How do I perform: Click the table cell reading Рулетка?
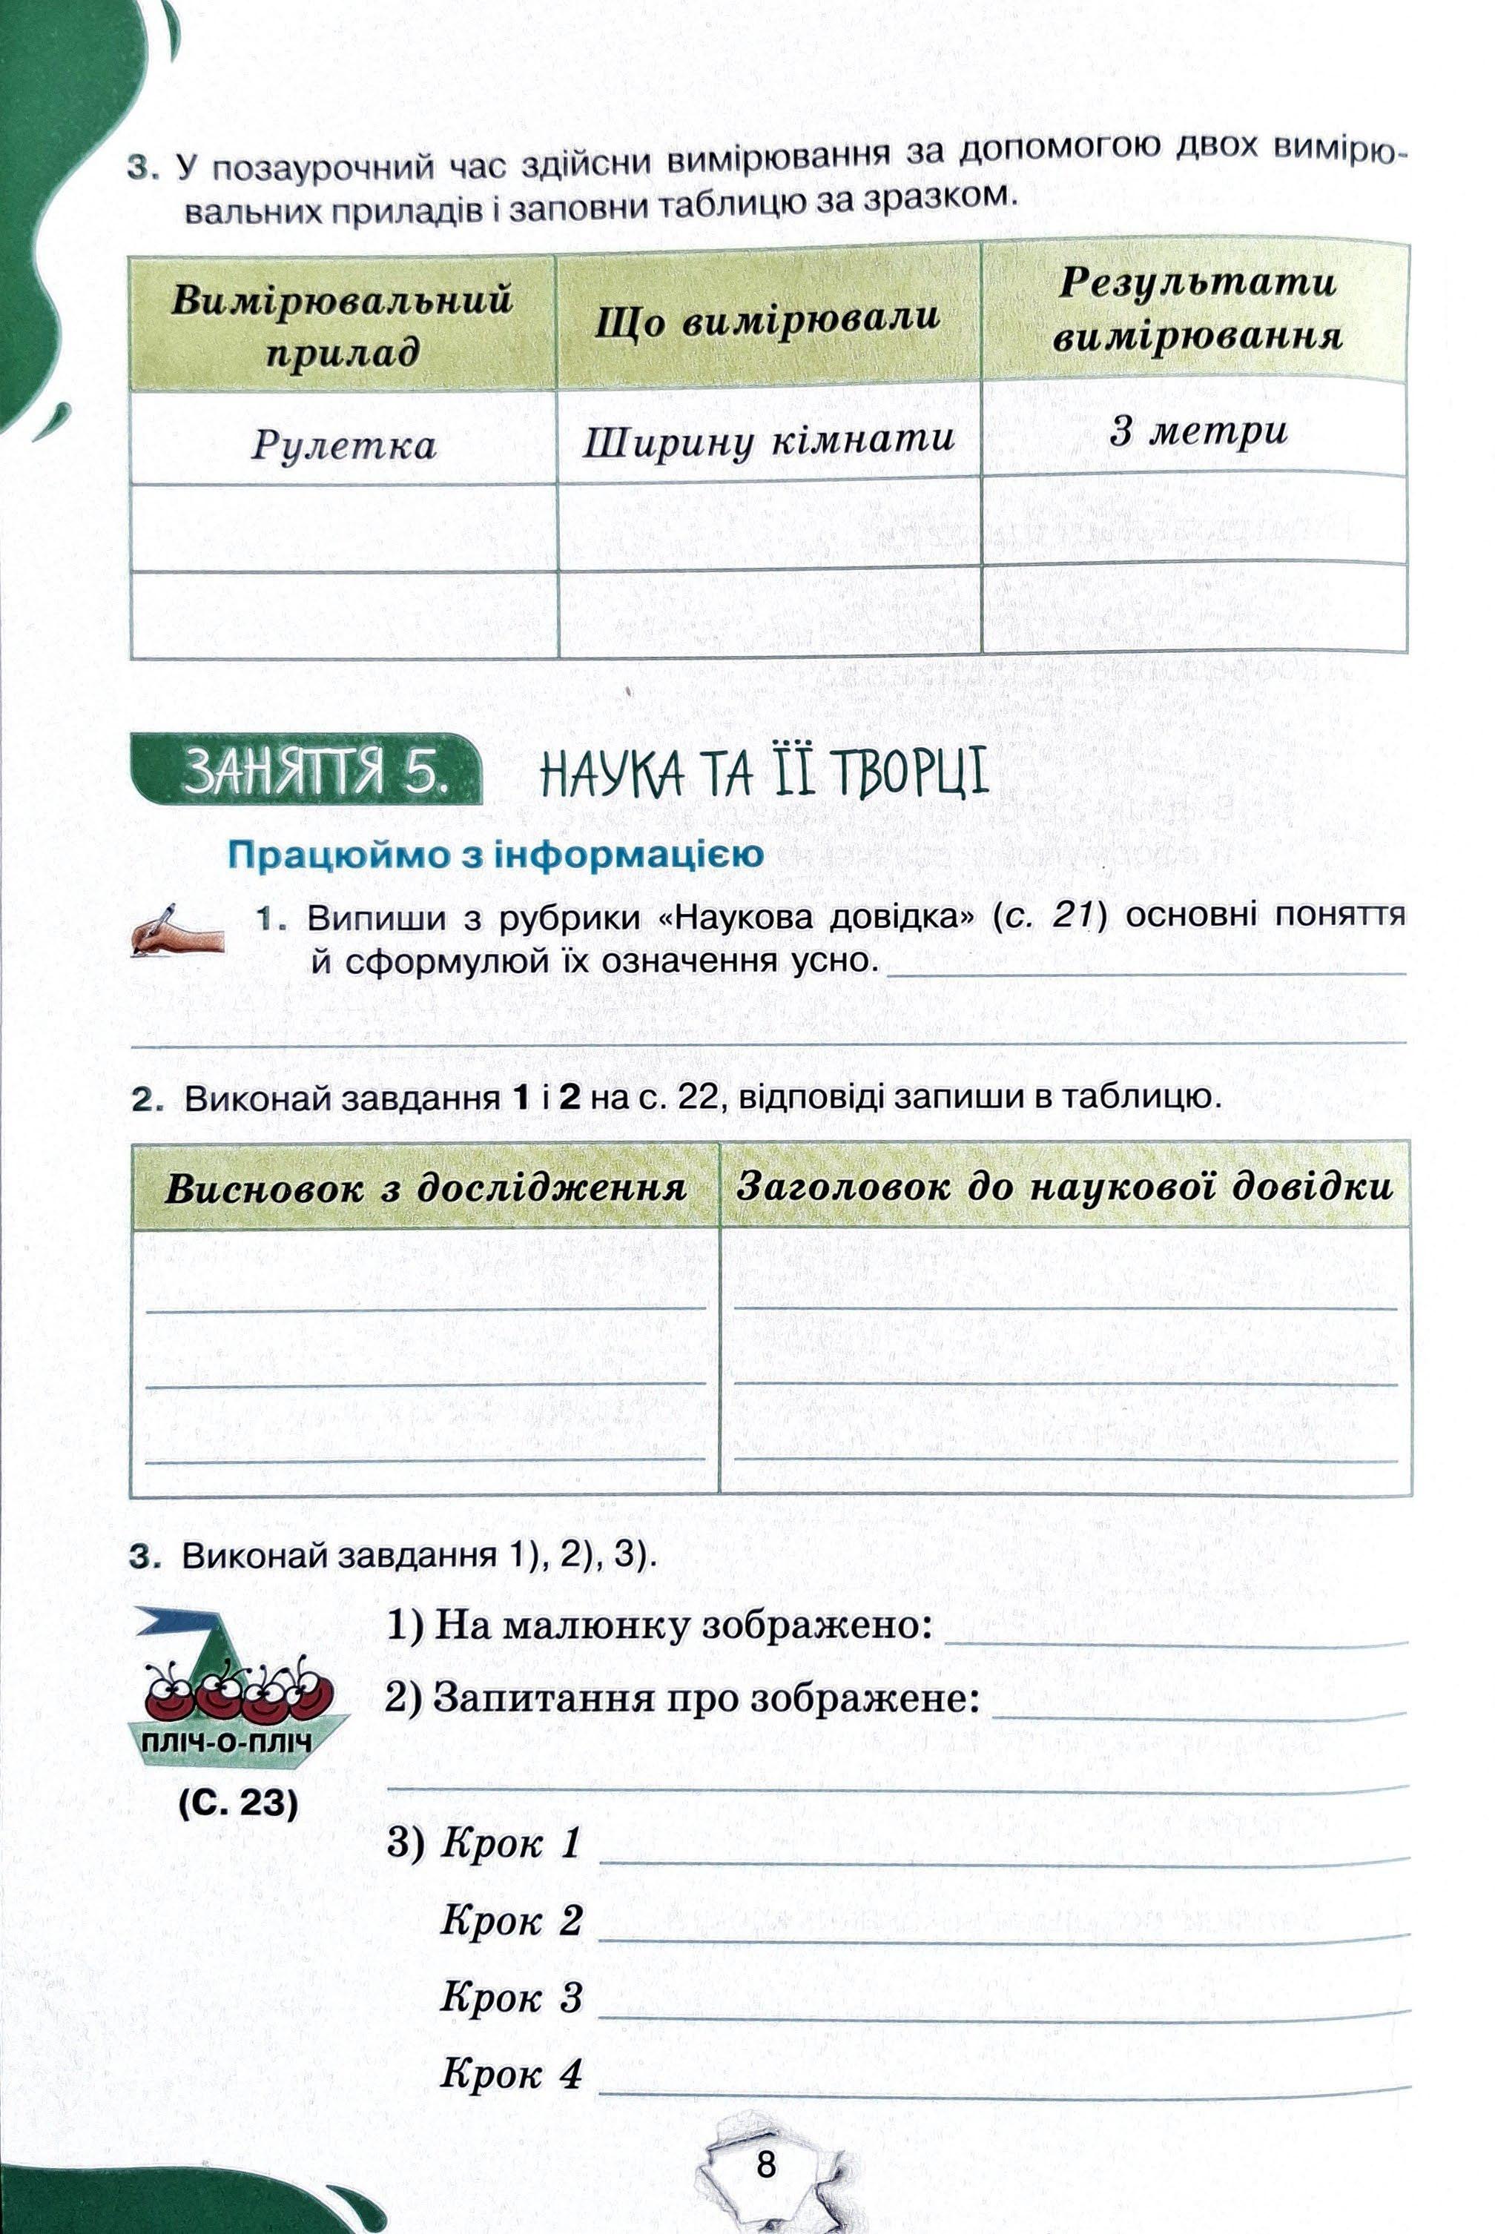click(x=343, y=445)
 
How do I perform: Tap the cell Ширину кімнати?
click(x=768, y=440)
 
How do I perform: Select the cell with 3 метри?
click(x=1198, y=431)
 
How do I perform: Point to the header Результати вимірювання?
click(x=1198, y=309)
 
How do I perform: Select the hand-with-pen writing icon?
click(x=176, y=930)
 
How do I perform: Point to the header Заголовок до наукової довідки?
click(x=1064, y=1187)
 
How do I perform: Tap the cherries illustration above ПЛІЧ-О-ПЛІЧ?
click(x=238, y=1688)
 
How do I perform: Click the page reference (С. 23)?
click(x=238, y=1804)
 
